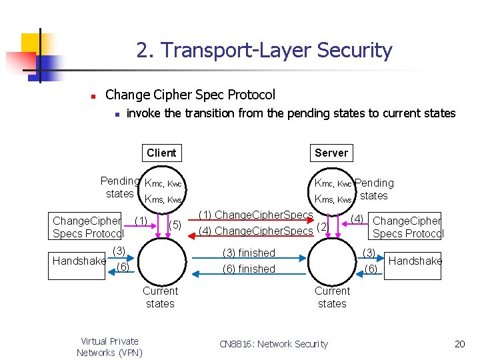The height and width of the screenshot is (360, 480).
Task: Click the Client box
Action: pos(161,153)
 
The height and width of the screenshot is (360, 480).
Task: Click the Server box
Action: pos(331,153)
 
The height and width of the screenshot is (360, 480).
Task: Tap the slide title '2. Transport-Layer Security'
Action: pos(264,51)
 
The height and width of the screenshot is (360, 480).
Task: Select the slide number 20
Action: pos(459,344)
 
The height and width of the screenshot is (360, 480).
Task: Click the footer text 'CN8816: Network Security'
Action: pos(274,344)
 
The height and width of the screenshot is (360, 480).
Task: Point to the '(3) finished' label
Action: pos(248,253)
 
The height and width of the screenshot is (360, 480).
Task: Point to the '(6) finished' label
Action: pos(248,269)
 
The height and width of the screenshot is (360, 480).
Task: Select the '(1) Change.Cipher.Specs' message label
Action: pos(256,215)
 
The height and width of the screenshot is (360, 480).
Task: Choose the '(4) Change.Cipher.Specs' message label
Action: pos(256,231)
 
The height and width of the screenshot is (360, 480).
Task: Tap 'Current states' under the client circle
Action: pos(160,297)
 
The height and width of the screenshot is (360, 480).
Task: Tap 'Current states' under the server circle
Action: pos(332,297)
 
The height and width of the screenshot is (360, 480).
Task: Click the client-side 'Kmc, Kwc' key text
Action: pos(163,183)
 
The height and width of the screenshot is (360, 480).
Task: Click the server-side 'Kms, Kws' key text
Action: pos(333,199)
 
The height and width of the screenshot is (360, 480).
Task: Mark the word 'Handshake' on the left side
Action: pos(79,261)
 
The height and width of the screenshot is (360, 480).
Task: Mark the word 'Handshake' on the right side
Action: pos(415,261)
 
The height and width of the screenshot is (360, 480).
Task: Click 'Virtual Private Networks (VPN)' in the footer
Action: pos(109,347)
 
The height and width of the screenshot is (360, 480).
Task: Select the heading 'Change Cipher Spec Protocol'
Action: pos(190,95)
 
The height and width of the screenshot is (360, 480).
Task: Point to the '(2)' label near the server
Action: pos(322,227)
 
